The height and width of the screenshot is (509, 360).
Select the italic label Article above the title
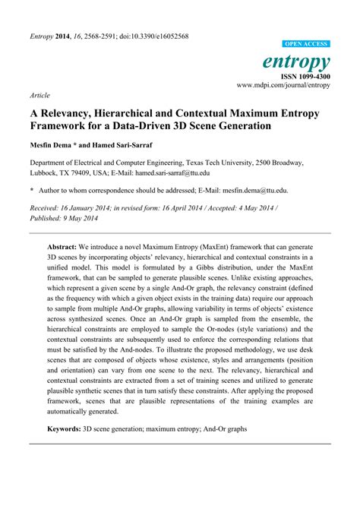[40, 96]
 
